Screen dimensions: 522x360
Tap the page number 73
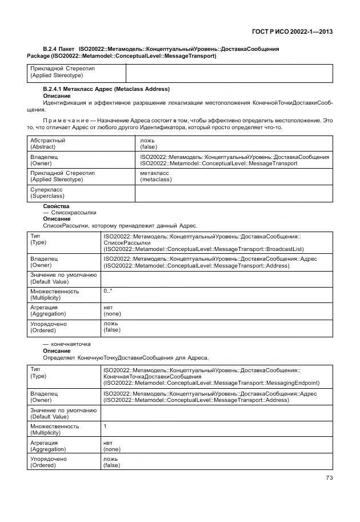click(329, 478)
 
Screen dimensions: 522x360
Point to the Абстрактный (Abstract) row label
click(48, 144)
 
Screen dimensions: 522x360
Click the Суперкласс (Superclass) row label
click(47, 193)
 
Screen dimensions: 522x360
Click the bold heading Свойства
click(56, 206)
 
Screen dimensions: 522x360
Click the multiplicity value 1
click(105, 426)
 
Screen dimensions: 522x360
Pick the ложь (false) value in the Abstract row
click(146, 144)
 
